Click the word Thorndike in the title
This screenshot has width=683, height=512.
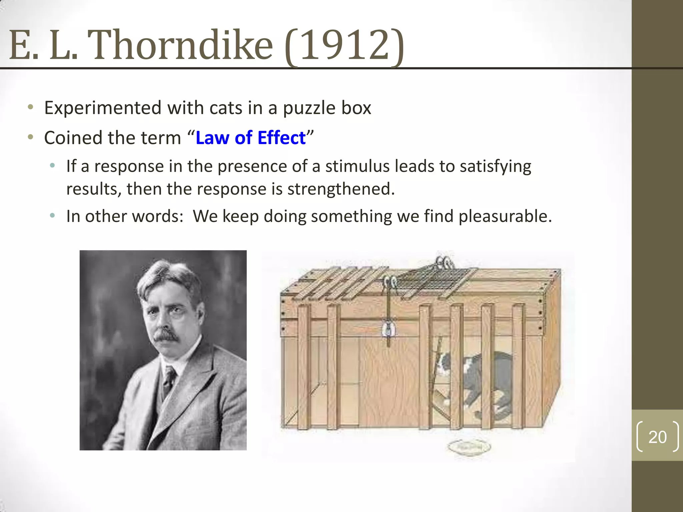click(182, 45)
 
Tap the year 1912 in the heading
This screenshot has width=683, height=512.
click(345, 45)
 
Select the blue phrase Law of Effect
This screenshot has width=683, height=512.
click(250, 138)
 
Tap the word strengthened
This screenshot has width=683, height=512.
click(341, 189)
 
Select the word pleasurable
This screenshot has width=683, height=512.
click(505, 216)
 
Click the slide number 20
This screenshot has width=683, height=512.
click(657, 437)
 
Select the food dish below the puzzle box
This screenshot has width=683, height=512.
click(470, 447)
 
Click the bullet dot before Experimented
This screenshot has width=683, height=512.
click(31, 107)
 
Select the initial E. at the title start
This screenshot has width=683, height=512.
click(23, 45)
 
